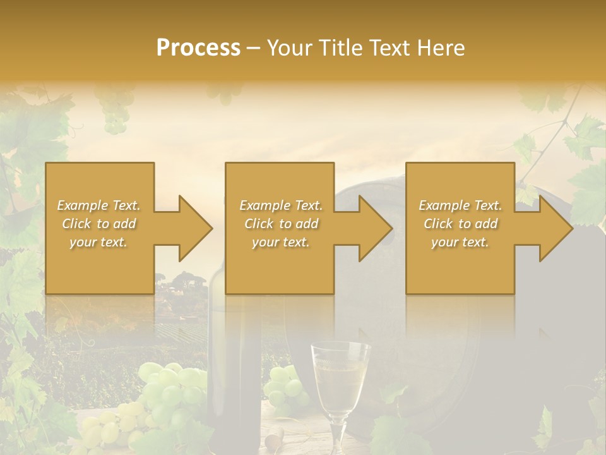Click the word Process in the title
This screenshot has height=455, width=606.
click(198, 48)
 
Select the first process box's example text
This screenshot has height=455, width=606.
click(99, 224)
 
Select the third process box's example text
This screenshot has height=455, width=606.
click(460, 224)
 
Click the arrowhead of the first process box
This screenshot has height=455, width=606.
click(192, 228)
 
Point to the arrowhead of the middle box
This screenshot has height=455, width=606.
click(372, 228)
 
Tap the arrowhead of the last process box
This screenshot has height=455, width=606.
click(553, 228)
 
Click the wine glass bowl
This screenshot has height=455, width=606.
click(341, 375)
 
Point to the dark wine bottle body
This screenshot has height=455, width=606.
click(234, 379)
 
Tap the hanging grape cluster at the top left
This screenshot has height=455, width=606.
click(116, 117)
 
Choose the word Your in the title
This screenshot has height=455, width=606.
click(290, 48)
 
